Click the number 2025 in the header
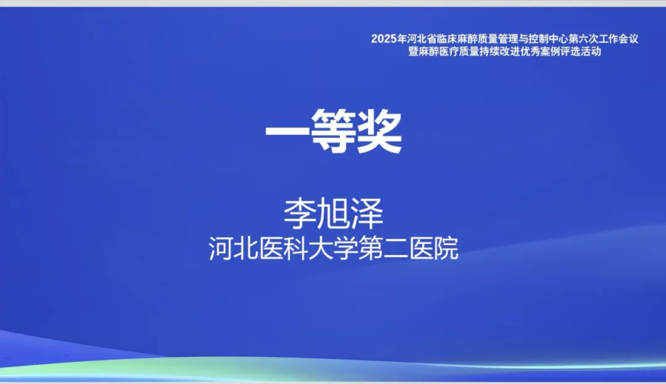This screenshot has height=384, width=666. tap(384, 39)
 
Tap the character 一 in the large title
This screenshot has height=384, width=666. tap(287, 131)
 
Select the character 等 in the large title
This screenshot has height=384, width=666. tap(334, 130)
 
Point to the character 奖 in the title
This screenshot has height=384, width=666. tap(379, 130)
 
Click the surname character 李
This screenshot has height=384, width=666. tap(300, 213)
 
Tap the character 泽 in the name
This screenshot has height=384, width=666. tap(367, 213)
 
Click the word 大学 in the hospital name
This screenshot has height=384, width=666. tap(333, 248)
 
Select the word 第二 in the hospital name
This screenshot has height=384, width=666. tap(383, 248)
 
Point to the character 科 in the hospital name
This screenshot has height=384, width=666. tap(295, 248)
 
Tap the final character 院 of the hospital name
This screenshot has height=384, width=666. tap(446, 248)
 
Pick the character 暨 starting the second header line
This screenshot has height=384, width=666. tap(413, 52)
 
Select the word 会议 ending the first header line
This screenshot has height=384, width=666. tap(628, 39)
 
